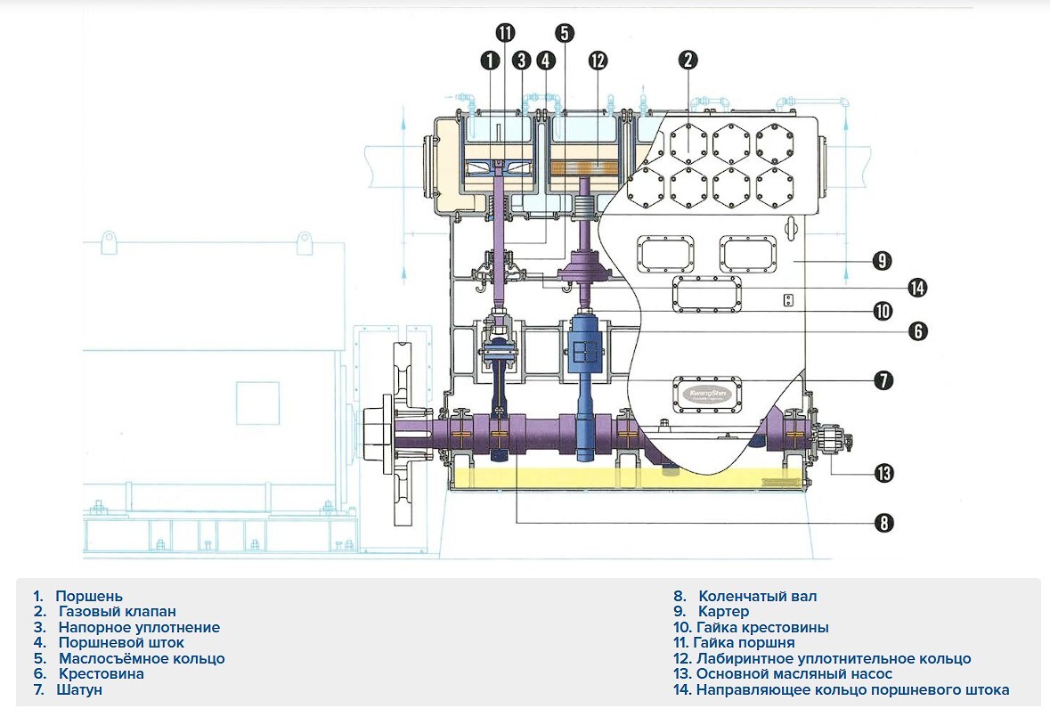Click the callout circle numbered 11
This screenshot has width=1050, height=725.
tap(505, 32)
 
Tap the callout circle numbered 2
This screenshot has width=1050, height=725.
tap(688, 60)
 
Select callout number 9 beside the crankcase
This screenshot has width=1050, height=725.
tap(882, 260)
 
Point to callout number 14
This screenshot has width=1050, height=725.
tap(917, 288)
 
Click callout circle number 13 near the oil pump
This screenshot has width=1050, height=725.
tap(884, 473)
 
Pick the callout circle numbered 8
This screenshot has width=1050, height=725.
tap(884, 522)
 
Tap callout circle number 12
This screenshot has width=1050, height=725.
tap(598, 61)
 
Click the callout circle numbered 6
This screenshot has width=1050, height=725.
tap(918, 330)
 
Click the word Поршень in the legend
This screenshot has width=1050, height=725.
tap(89, 597)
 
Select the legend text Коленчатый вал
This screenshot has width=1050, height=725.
tap(757, 597)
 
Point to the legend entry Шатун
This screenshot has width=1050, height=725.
tap(79, 689)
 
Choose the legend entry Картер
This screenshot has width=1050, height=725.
tap(723, 612)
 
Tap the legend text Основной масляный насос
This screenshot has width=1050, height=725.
tap(794, 674)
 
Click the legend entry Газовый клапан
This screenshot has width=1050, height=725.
tap(118, 612)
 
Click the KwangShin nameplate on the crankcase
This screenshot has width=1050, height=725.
tap(707, 393)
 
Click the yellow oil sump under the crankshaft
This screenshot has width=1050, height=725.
tap(626, 478)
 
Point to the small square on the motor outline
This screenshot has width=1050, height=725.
tap(257, 403)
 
